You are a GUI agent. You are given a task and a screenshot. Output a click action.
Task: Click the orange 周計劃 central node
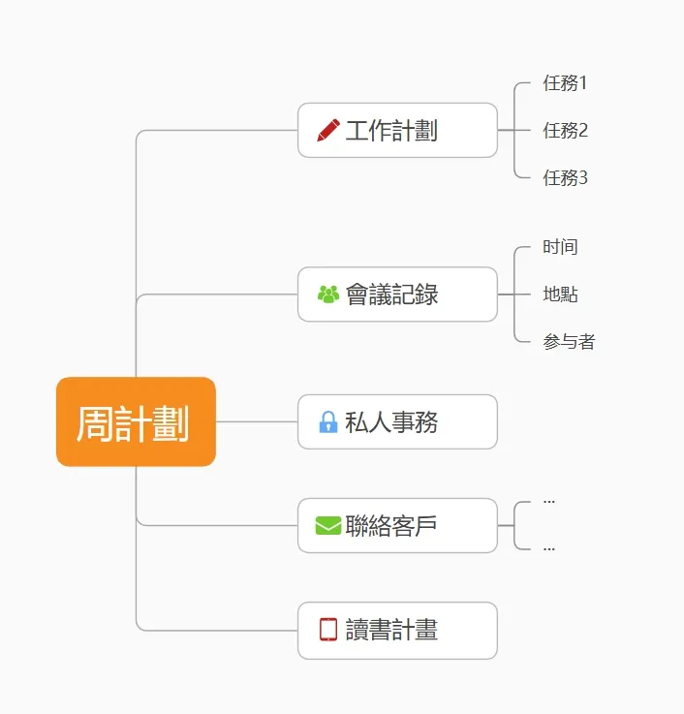136,422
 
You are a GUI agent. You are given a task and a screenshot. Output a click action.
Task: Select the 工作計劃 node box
397,130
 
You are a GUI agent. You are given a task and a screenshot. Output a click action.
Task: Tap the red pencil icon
328,130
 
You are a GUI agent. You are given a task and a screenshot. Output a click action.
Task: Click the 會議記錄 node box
397,294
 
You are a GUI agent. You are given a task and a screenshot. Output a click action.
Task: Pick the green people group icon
328,294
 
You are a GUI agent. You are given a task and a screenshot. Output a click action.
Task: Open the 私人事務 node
397,421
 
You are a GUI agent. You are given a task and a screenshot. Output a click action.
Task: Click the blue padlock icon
328,422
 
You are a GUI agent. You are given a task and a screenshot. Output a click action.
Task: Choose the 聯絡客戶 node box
397,525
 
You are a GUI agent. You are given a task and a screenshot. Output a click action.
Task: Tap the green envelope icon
328,525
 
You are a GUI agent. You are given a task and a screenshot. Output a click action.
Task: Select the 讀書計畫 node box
397,630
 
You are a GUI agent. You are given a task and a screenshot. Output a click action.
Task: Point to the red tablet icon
328,630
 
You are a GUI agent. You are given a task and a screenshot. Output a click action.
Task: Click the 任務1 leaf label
566,83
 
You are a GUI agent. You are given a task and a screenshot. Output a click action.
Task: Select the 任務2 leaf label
566,130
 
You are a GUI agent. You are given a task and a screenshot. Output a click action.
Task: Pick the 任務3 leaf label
566,177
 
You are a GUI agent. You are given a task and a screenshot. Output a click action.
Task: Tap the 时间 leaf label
560,247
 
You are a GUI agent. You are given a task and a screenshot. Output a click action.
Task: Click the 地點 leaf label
560,295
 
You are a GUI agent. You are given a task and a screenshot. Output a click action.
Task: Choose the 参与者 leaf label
569,342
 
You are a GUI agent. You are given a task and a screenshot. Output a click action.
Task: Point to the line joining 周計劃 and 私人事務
256,421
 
